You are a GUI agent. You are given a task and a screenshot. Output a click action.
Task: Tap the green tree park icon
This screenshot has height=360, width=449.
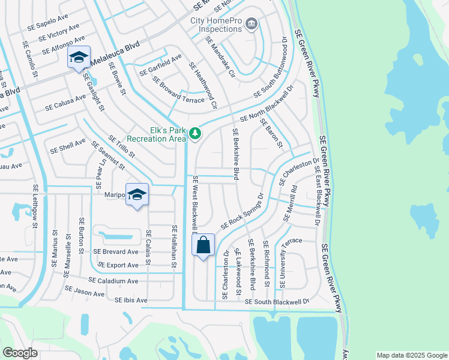(195, 134)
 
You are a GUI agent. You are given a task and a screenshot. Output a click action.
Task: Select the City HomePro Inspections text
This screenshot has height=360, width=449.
(217, 24)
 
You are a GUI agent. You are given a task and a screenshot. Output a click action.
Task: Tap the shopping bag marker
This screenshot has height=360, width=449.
(203, 245)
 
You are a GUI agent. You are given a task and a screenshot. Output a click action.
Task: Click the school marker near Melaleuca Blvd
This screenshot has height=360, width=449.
(79, 58)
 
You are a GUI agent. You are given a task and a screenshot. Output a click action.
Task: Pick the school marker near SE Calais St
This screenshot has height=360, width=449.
(137, 195)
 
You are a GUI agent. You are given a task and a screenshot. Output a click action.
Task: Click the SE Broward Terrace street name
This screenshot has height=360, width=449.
(178, 90)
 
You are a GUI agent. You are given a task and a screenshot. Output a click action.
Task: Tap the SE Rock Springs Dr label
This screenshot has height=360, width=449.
(243, 211)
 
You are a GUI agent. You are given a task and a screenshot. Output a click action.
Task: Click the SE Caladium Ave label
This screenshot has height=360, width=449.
(113, 281)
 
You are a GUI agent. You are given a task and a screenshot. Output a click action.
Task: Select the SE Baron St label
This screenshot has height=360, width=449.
(271, 133)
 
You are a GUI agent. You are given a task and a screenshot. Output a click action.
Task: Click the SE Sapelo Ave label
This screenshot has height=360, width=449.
(48, 25)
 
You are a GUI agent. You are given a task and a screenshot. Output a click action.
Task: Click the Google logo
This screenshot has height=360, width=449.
(20, 353)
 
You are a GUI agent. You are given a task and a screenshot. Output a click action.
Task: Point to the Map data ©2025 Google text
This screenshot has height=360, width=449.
(411, 355)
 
